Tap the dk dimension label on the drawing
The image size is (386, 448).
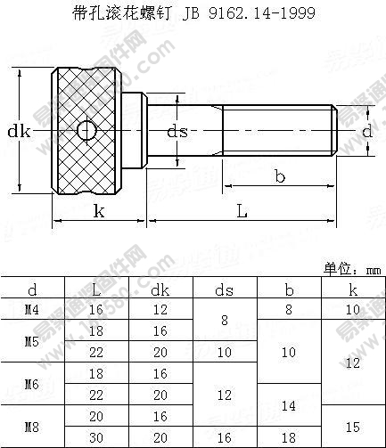[19, 132]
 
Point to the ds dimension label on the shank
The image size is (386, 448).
[178, 132]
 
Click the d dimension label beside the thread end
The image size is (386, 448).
[366, 131]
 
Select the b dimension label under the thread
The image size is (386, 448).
[279, 176]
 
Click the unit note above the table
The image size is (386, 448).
[351, 268]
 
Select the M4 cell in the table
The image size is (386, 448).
[32, 309]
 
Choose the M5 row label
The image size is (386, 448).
[32, 341]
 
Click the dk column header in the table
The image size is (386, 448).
[160, 289]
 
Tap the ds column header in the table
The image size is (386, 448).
[225, 289]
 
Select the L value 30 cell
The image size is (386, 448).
[96, 436]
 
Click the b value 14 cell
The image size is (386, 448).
[289, 404]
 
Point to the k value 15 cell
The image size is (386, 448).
[353, 426]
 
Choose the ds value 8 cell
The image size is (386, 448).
[225, 320]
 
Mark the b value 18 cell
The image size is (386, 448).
[289, 436]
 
